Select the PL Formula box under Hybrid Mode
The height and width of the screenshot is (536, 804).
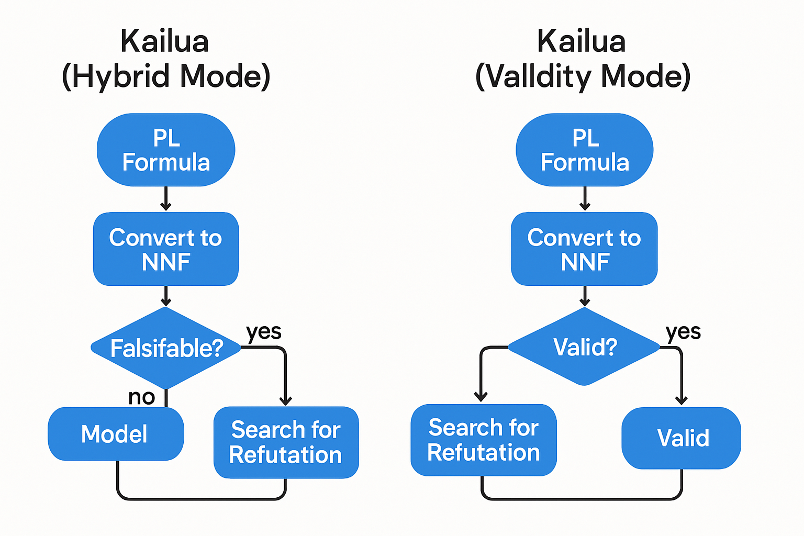pyautogui.click(x=166, y=150)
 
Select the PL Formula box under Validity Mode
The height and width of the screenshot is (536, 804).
pyautogui.click(x=585, y=150)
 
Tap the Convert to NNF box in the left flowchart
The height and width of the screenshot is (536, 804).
pyautogui.click(x=166, y=249)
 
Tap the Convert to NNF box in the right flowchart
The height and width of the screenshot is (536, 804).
pyautogui.click(x=584, y=249)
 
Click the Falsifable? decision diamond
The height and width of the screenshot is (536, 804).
pyautogui.click(x=166, y=348)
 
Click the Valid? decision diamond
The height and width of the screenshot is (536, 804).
pyautogui.click(x=584, y=347)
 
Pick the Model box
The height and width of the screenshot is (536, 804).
pyautogui.click(x=116, y=434)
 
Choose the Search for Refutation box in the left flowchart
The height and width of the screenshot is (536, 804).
pyautogui.click(x=286, y=442)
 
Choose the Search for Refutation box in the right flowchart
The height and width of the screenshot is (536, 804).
pyautogui.click(x=483, y=440)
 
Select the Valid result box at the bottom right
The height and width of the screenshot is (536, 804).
pyautogui.click(x=682, y=438)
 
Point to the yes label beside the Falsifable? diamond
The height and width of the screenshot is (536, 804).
pyautogui.click(x=264, y=332)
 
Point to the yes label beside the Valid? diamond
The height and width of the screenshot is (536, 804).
pyautogui.click(x=683, y=332)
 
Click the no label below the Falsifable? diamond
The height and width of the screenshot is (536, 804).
pyautogui.click(x=141, y=397)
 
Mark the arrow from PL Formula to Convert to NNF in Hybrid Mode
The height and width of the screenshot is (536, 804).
pyautogui.click(x=166, y=198)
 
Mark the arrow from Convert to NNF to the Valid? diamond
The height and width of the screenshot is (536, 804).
pyautogui.click(x=585, y=296)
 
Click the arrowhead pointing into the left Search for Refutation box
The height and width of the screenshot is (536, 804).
pyautogui.click(x=285, y=401)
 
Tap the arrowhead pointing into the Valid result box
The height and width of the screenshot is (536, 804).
pyautogui.click(x=682, y=400)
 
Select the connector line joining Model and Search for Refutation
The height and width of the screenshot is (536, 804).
pyautogui.click(x=202, y=499)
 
